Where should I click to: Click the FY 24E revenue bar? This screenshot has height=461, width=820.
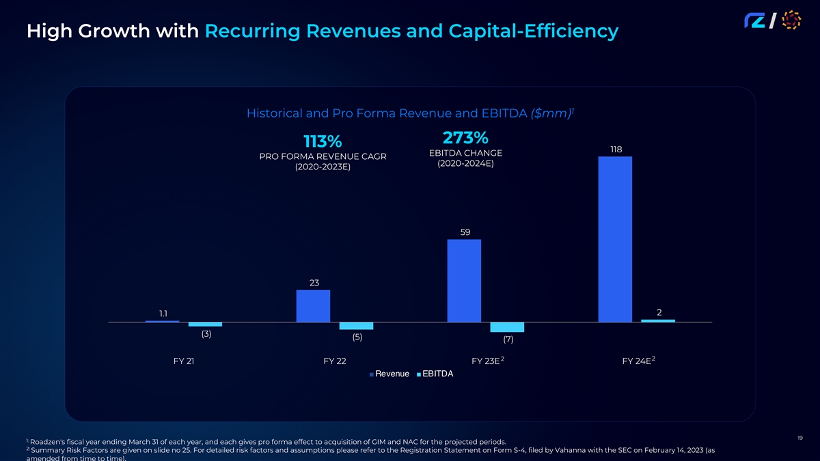pyautogui.click(x=614, y=239)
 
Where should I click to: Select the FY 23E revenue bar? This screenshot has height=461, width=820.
pyautogui.click(x=464, y=280)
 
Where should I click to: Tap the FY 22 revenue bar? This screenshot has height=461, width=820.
pyautogui.click(x=313, y=305)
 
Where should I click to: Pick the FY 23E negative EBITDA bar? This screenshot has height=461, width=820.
pyautogui.click(x=507, y=327)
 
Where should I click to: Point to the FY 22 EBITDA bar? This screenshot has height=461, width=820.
pyautogui.click(x=356, y=326)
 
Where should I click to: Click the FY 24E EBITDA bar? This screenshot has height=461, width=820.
pyautogui.click(x=658, y=320)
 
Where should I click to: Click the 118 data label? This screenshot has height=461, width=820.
pyautogui.click(x=615, y=149)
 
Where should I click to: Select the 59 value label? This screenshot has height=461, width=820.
pyautogui.click(x=465, y=232)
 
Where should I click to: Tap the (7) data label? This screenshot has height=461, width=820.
pyautogui.click(x=508, y=339)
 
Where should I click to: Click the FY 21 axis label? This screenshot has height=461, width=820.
pyautogui.click(x=184, y=361)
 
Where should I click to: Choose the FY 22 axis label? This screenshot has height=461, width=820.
pyautogui.click(x=334, y=361)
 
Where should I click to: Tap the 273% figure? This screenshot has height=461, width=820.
pyautogui.click(x=465, y=137)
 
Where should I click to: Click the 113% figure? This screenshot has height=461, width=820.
pyautogui.click(x=322, y=141)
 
